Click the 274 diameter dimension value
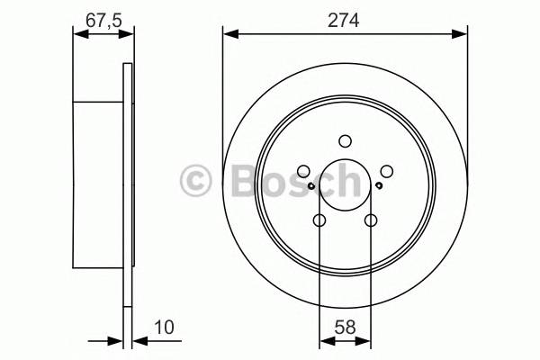click(345, 20)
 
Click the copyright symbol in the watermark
click(197, 181)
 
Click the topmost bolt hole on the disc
click(345, 140)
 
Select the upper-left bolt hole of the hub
click(303, 171)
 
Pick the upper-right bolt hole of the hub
click(386, 171)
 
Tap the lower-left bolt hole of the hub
click(319, 220)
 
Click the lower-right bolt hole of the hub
click(370, 220)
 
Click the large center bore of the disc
click(345, 185)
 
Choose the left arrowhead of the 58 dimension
click(325, 341)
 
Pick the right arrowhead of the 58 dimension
click(364, 341)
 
